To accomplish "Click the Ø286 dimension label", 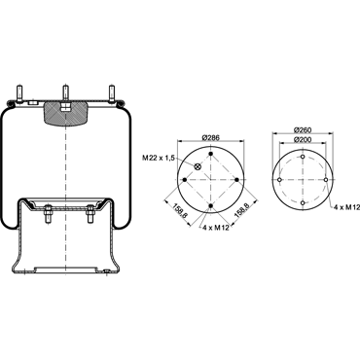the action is pos(210,137).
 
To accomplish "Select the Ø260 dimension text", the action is pos(303,129).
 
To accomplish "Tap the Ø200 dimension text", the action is pos(303,140).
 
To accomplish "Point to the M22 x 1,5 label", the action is pos(159,158).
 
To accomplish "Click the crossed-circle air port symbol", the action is pos(198,166).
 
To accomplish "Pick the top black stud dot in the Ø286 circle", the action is pos(211,154).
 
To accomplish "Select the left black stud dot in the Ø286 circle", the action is pos(185,180).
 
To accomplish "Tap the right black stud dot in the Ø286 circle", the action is pos(236,180).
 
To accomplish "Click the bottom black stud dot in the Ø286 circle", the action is pos(211,206).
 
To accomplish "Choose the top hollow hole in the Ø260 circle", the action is pos(303,157).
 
